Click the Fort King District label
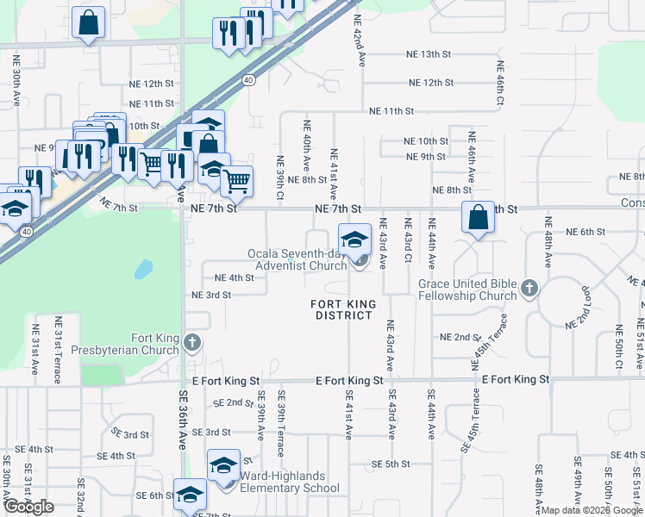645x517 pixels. click(x=341, y=309)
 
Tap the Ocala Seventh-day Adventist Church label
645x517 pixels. click(x=297, y=259)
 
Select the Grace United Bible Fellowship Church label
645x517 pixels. click(x=467, y=290)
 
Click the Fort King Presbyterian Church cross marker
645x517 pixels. click(x=192, y=343)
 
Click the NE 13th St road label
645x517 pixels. click(x=429, y=54)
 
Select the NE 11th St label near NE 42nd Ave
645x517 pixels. click(x=391, y=112)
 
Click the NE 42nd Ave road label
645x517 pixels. click(x=358, y=36)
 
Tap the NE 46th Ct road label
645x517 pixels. click(x=499, y=83)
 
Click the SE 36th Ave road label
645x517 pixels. click(x=183, y=418)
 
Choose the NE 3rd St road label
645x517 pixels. click(x=211, y=295)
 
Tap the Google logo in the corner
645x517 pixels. click(x=28, y=507)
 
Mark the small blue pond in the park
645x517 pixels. click(x=141, y=270)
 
